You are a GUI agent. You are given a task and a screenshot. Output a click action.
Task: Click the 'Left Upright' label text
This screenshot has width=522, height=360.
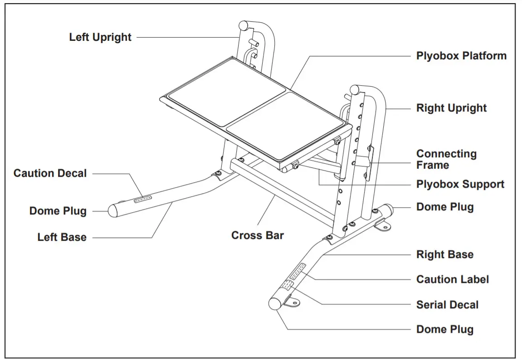coord(100,37)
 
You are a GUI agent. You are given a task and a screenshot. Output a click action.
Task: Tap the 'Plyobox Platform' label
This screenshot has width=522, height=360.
coord(461,56)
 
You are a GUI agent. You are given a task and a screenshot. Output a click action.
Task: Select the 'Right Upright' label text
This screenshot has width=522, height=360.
coord(451,108)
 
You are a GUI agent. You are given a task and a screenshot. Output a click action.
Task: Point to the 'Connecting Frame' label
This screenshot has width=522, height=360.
coord(446,160)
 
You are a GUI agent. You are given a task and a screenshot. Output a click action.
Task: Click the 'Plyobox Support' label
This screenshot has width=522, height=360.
coord(460,185)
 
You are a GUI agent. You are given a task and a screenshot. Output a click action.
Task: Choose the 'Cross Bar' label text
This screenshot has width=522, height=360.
coord(257,236)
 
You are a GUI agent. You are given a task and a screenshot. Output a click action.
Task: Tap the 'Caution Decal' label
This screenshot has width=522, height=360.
coord(50,173)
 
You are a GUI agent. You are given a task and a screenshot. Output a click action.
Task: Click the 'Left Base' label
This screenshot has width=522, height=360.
coord(62,237)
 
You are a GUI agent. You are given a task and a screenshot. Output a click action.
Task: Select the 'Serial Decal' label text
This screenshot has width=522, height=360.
coord(447,305)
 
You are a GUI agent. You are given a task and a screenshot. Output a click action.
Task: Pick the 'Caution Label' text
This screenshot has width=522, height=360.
coord(452,279)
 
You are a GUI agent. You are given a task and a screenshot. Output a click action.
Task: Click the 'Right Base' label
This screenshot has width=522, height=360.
coord(444,255)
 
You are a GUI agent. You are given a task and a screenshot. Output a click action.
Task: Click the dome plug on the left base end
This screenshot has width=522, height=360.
coord(113,210)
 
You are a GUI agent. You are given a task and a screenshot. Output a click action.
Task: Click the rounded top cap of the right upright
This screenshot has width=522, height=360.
coord(355,89)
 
